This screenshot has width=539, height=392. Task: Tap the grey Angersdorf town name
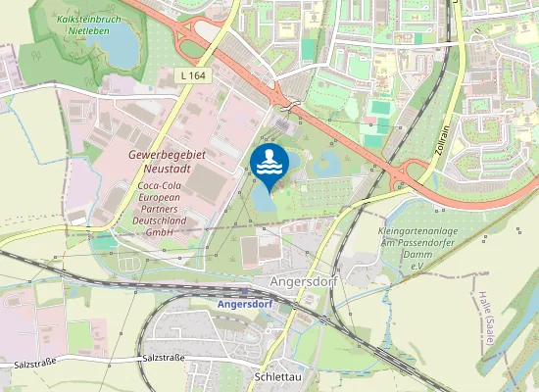[x=301, y=281]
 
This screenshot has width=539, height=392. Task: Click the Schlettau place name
[x=276, y=377]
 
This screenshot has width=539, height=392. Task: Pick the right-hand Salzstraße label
[x=164, y=359]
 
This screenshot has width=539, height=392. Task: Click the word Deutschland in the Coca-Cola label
[x=159, y=221]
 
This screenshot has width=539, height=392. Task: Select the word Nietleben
[x=88, y=30]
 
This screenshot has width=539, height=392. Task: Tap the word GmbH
[x=159, y=233]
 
